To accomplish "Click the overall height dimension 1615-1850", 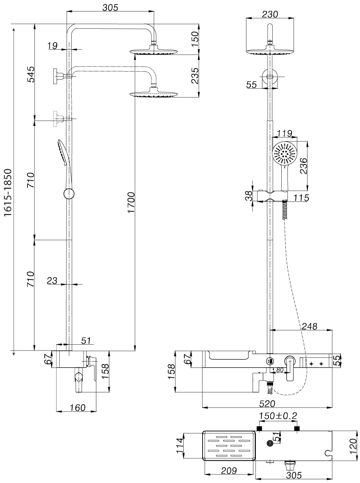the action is pyautogui.click(x=8, y=192).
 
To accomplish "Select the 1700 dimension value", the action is pyautogui.click(x=131, y=202).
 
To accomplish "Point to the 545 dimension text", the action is pyautogui.click(x=31, y=74).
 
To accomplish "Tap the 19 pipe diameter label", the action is pyautogui.click(x=52, y=46).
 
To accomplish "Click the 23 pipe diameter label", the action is pyautogui.click(x=52, y=281).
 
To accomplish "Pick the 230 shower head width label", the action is pyautogui.click(x=270, y=14).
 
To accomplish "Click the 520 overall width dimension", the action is pyautogui.click(x=267, y=403).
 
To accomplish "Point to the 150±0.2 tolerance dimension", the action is pyautogui.click(x=278, y=416).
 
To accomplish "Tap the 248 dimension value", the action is pyautogui.click(x=309, y=326).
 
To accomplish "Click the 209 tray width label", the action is pyautogui.click(x=229, y=470).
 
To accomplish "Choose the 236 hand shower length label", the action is pyautogui.click(x=303, y=165).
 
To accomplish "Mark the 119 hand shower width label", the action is pyautogui.click(x=284, y=133).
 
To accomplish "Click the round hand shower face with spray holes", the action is pyautogui.click(x=285, y=154).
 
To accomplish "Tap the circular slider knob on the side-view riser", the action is pyautogui.click(x=69, y=195).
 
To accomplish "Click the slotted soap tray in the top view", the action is pyautogui.click(x=229, y=446).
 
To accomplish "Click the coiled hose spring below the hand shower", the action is pyautogui.click(x=285, y=209).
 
